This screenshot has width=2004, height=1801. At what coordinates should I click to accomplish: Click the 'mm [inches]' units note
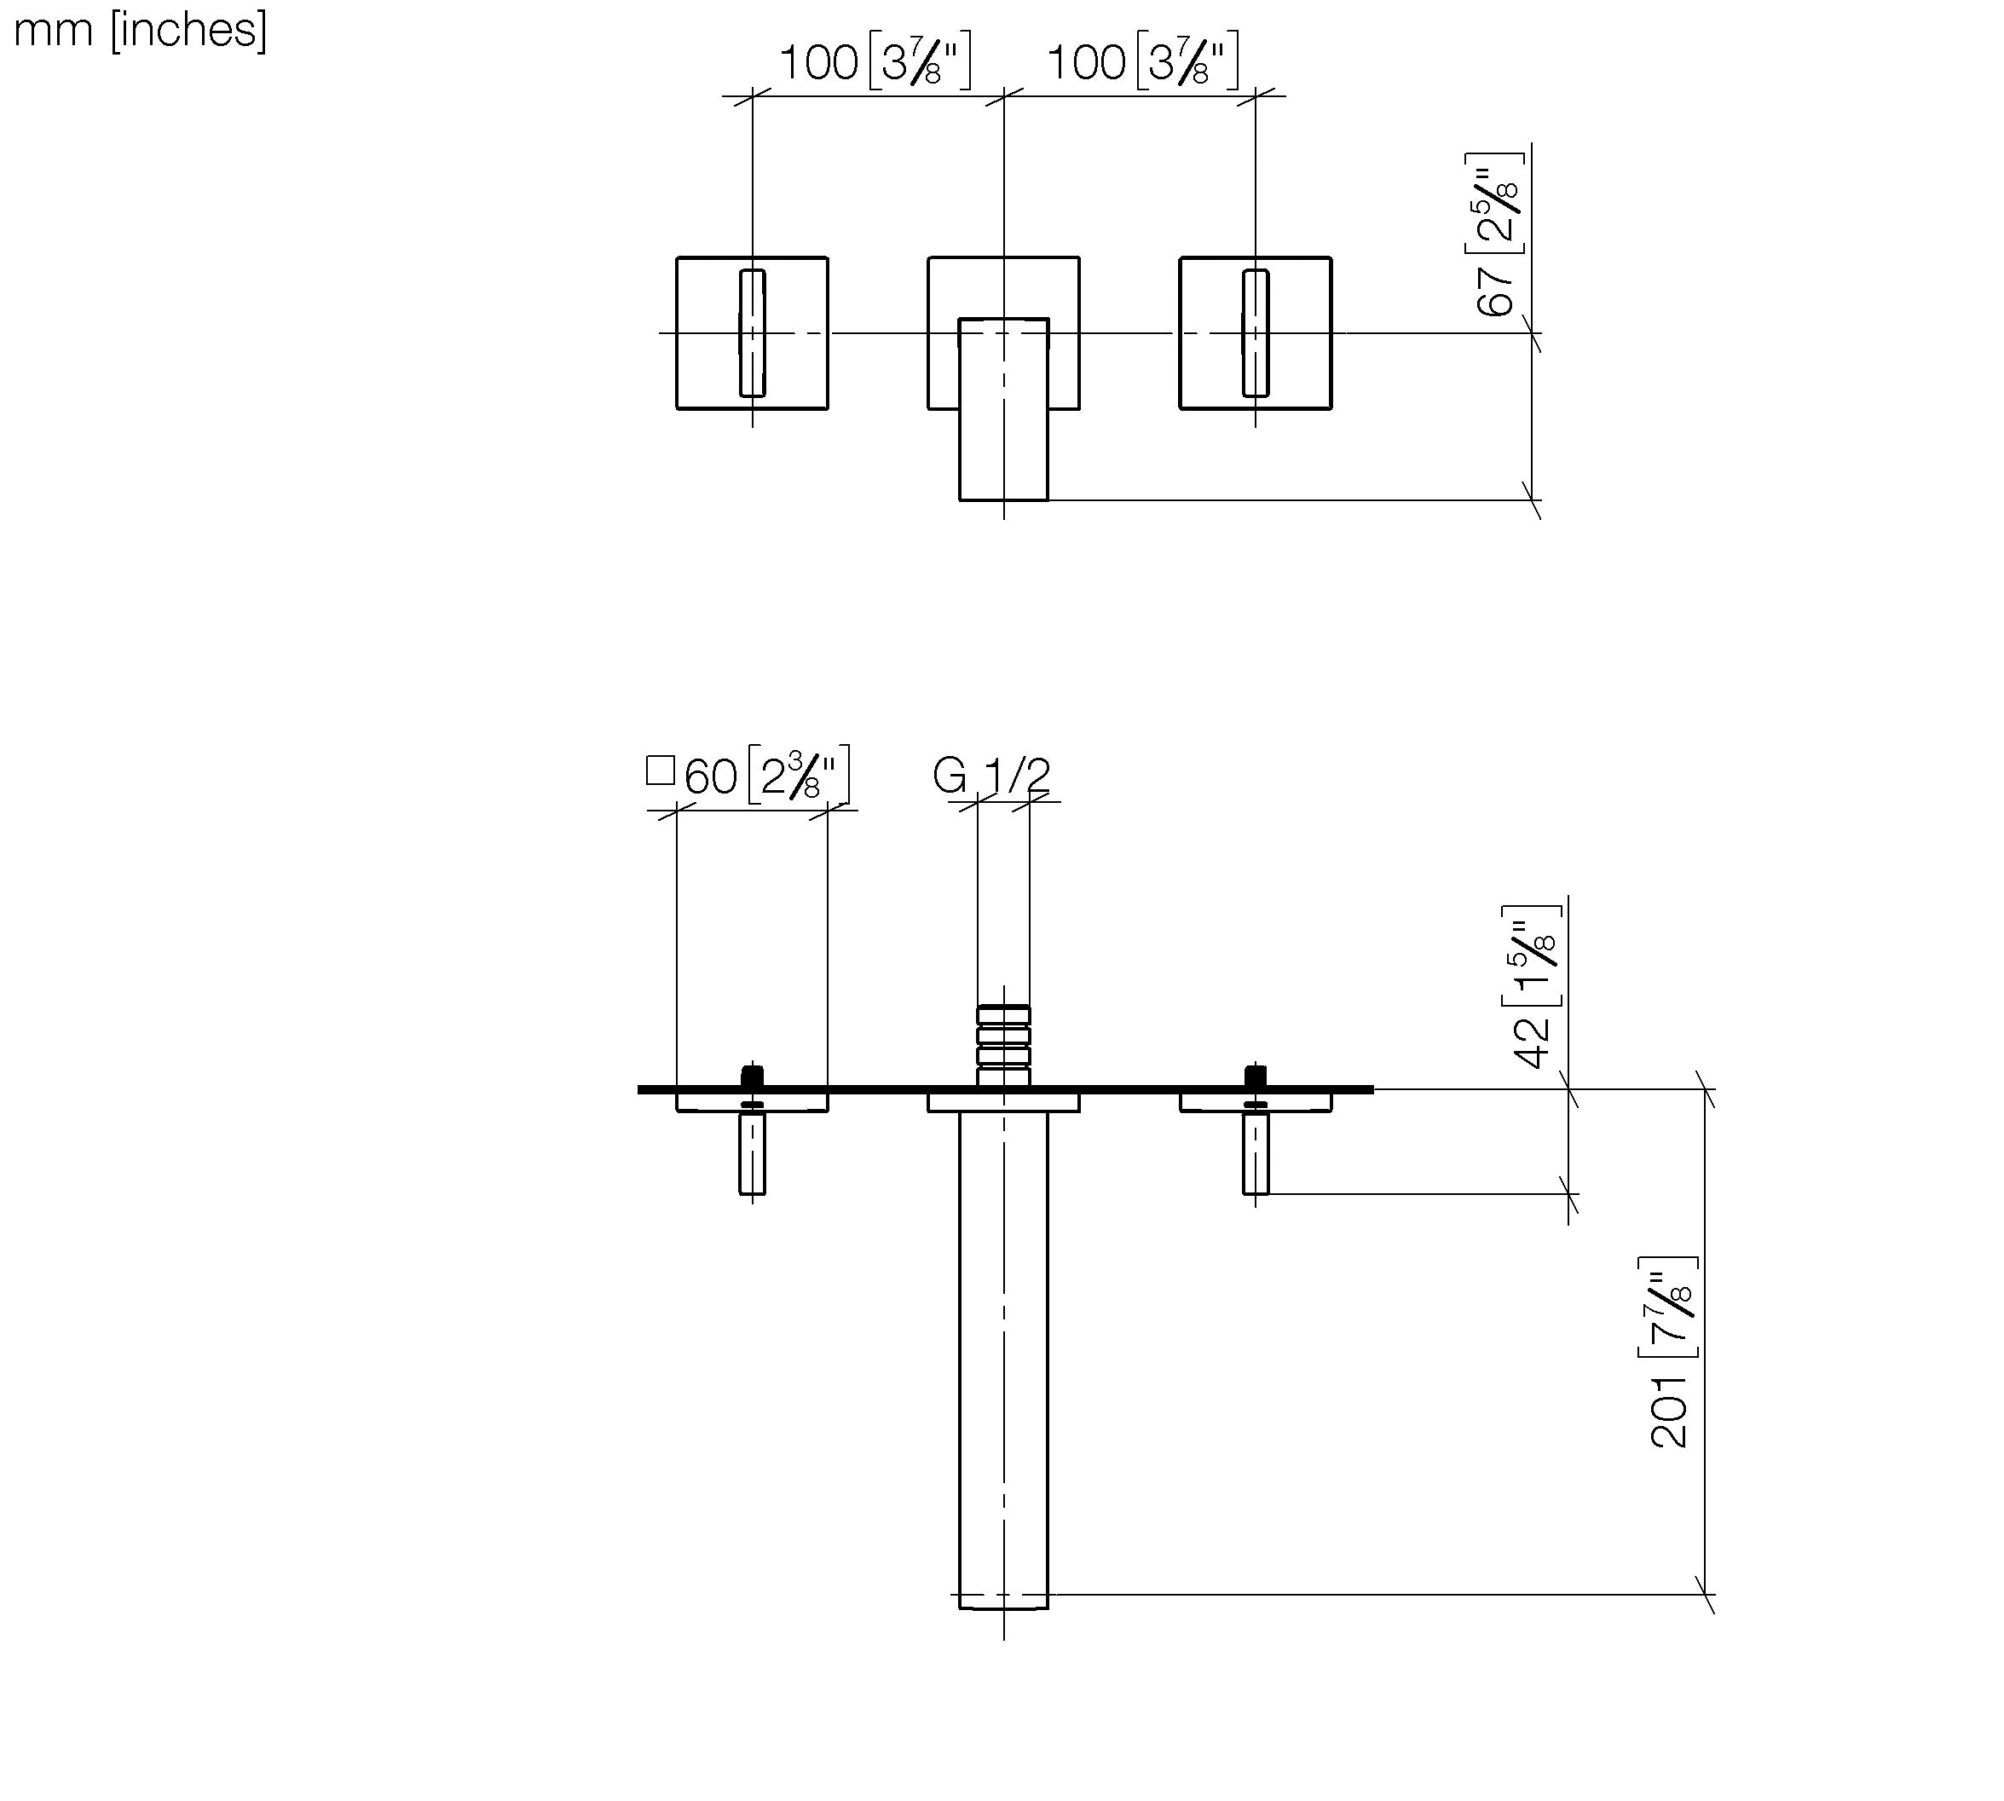tap(140, 31)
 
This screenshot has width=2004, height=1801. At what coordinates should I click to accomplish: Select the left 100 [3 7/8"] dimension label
tap(875, 61)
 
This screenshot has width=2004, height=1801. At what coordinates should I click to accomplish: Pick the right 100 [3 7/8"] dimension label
tap(1142, 61)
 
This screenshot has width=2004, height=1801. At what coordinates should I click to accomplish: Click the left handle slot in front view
tap(752, 332)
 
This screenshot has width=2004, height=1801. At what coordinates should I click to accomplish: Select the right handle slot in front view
tap(1256, 332)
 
